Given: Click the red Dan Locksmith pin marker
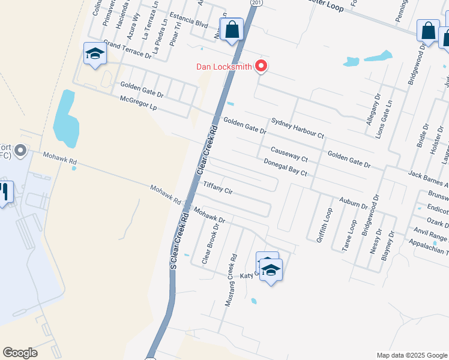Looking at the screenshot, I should (x=261, y=65).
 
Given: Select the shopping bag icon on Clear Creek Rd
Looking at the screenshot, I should (x=232, y=30).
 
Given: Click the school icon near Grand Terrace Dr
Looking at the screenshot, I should (x=95, y=55).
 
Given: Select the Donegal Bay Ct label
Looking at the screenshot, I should (x=286, y=167).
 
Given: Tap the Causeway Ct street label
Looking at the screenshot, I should (x=289, y=154).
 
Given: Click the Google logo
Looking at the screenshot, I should (x=20, y=353).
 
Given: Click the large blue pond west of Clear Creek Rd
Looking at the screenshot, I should (x=65, y=119).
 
